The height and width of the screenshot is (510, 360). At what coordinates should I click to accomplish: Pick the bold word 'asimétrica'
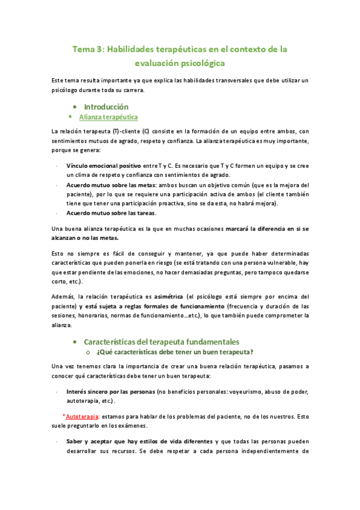(169, 296)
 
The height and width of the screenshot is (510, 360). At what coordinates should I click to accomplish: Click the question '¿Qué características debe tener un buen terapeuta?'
(174, 352)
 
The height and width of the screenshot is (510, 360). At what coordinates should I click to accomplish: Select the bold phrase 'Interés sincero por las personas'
(110, 392)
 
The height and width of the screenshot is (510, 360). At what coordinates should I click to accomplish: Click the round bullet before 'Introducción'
(73, 107)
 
